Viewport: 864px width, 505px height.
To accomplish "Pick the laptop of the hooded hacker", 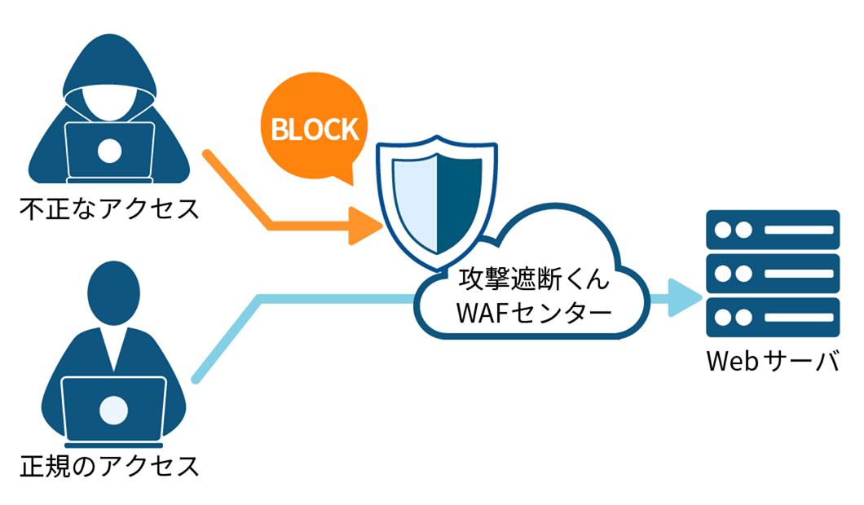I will click(x=109, y=151).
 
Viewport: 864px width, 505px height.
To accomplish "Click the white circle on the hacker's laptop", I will click(x=109, y=151).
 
